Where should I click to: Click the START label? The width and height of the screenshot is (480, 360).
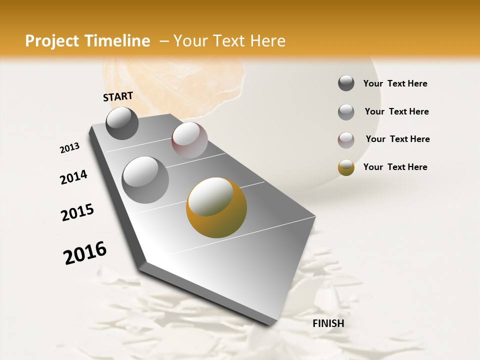coord(118,96)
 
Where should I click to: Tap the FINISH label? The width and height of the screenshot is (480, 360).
coord(328,323)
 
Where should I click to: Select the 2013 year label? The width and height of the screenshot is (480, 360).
coord(69,148)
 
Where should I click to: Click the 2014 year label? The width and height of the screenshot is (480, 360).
coord(73,177)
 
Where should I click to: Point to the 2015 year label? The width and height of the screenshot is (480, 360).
coord(77,212)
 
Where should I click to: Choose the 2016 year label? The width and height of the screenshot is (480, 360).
coord(85,253)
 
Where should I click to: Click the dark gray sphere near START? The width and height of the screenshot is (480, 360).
coord(122,123)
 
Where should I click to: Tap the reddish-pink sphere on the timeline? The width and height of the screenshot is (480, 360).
coord(189,139)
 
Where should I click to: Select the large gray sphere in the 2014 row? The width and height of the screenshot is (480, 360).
coord(145,179)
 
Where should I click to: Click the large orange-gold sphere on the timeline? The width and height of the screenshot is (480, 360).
coord(216,207)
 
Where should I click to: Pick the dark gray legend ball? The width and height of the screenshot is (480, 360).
coord(346,83)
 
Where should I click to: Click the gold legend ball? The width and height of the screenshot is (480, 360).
coord(346,167)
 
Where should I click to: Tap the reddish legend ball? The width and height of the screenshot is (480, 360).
coord(346,139)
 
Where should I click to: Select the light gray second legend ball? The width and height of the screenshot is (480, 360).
coord(346,111)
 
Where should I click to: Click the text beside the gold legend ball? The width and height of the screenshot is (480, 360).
coord(395,167)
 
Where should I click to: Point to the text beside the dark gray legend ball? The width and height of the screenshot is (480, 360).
coord(395,83)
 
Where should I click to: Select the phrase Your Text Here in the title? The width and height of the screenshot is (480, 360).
coord(229,41)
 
